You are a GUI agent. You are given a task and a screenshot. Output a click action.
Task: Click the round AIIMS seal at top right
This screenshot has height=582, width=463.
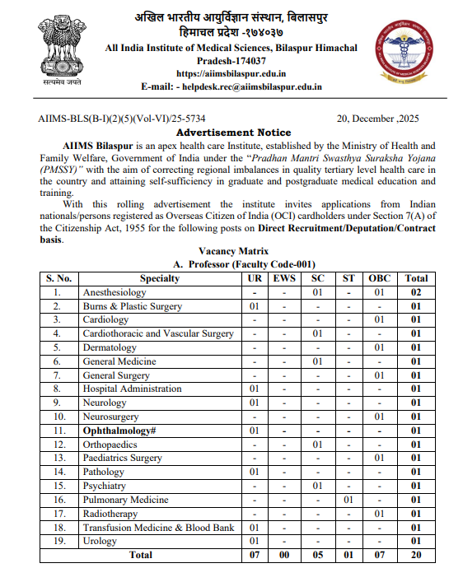(404, 48)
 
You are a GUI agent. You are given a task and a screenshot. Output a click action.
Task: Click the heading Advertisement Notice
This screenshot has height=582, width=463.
(233, 132)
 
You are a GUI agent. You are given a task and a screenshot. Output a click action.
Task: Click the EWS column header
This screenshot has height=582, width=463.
(283, 278)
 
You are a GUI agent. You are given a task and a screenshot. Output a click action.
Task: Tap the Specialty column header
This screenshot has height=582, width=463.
(159, 278)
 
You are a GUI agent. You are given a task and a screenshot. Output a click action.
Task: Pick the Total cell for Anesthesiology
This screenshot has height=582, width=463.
(416, 292)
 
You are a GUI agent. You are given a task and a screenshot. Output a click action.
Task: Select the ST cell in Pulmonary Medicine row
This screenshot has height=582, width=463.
(348, 500)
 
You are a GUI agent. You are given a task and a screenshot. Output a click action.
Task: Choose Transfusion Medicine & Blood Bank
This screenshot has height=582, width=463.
(158, 527)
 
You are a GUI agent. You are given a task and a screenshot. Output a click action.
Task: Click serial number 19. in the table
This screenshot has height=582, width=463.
(58, 541)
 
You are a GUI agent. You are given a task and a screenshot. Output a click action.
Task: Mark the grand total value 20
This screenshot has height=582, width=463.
(416, 555)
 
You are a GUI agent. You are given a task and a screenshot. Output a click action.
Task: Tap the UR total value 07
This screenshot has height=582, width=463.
(255, 555)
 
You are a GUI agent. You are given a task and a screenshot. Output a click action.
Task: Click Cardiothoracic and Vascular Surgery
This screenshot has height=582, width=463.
(158, 333)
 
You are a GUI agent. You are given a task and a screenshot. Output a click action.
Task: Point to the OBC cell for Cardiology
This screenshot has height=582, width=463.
(380, 319)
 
